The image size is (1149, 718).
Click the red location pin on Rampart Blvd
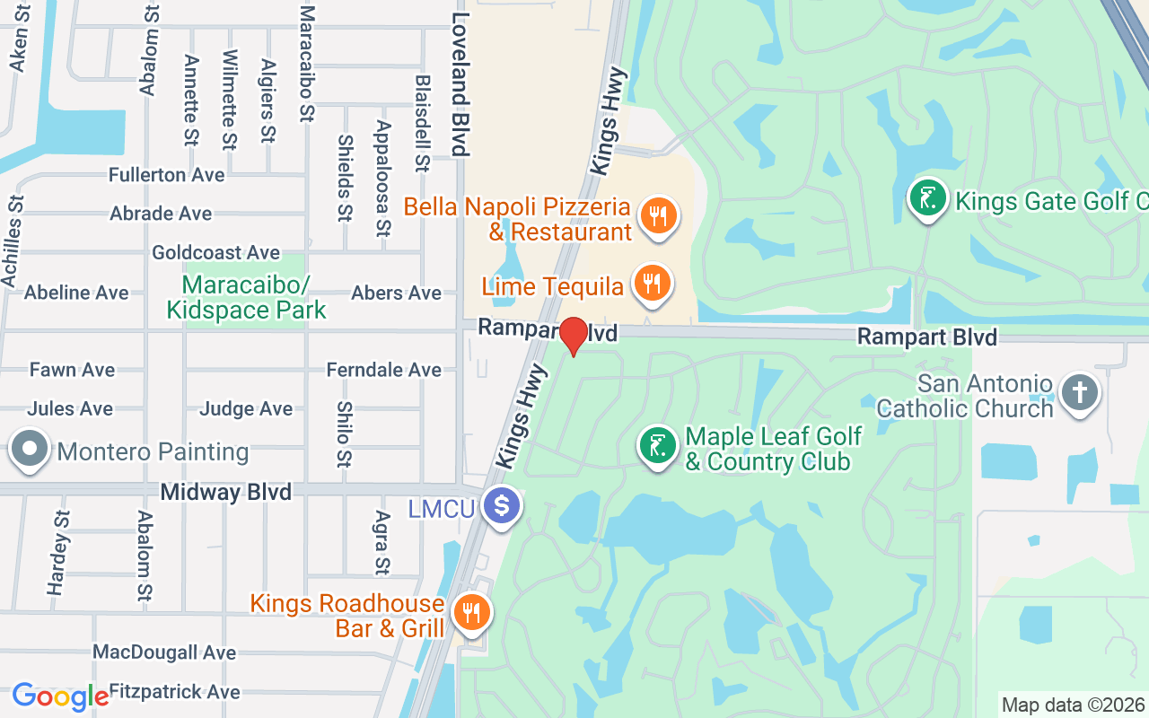coord(574,336)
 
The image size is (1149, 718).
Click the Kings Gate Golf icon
coord(928,198)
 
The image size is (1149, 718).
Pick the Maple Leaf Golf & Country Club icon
coord(658,446)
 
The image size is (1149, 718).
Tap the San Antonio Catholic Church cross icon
coord(1079,393)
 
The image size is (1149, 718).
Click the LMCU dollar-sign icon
coord(501,507)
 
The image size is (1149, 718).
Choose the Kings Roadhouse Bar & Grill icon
coord(470,614)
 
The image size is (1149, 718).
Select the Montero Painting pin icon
coord(29,450)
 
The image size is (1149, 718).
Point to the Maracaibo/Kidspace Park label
coord(246,298)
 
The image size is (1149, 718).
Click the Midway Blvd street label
coord(225,492)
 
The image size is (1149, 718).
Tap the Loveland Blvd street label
coord(460,83)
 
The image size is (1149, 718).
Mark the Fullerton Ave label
coord(166,175)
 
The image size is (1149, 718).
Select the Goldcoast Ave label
coord(215,253)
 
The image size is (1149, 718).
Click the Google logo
coord(60,696)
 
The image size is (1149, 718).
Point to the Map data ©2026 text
coord(1073,705)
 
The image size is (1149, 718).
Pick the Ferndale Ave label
coord(383,370)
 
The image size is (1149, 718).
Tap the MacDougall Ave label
coord(164,652)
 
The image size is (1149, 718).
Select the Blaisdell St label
coord(422,123)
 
